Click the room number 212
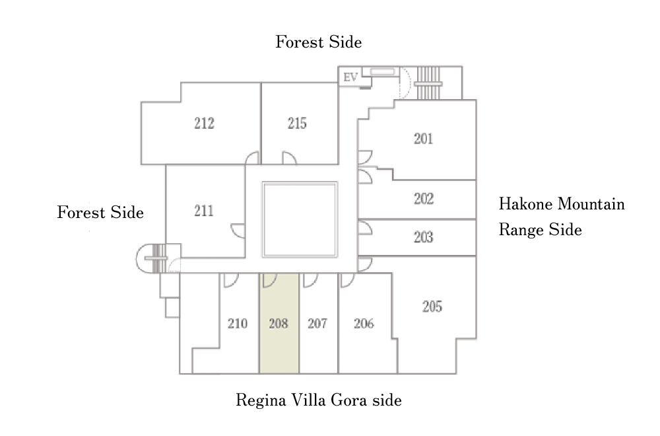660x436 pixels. click(204, 123)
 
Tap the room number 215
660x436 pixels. click(297, 123)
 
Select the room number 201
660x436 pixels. click(423, 139)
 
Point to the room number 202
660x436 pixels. click(423, 199)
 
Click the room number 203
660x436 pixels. click(423, 237)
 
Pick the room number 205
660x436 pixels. click(432, 307)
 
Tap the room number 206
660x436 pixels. click(364, 324)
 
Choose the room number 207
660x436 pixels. click(317, 324)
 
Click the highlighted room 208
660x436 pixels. click(279, 324)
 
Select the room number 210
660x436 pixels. click(237, 324)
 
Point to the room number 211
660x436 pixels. click(204, 211)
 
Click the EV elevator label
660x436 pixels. click(350, 77)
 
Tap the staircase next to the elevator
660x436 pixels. click(428, 83)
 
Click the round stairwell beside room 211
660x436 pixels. click(152, 258)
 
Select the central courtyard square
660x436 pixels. click(300, 219)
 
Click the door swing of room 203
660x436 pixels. click(364, 228)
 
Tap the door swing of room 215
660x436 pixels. click(288, 159)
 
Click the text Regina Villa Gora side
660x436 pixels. click(319, 400)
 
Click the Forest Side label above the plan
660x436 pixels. click(319, 42)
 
